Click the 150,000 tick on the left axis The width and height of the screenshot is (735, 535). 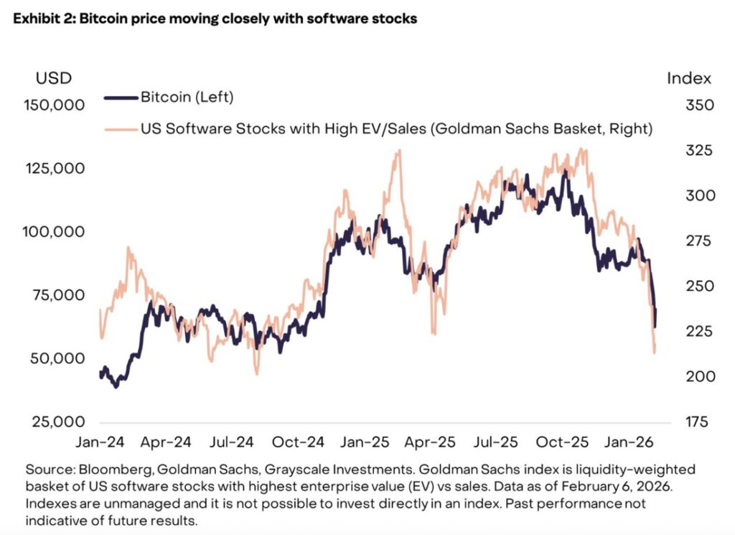(x=55, y=105)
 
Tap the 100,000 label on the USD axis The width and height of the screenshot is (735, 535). (x=55, y=232)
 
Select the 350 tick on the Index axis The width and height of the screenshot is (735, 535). (x=680, y=105)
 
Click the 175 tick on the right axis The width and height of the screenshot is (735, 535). (x=679, y=422)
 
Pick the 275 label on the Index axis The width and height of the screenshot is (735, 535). (x=680, y=241)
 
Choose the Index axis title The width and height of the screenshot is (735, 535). (x=689, y=78)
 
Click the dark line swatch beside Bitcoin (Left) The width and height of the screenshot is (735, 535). (x=121, y=96)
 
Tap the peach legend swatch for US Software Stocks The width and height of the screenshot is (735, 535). (x=121, y=129)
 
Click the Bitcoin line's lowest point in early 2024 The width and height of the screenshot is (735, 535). (x=116, y=386)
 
